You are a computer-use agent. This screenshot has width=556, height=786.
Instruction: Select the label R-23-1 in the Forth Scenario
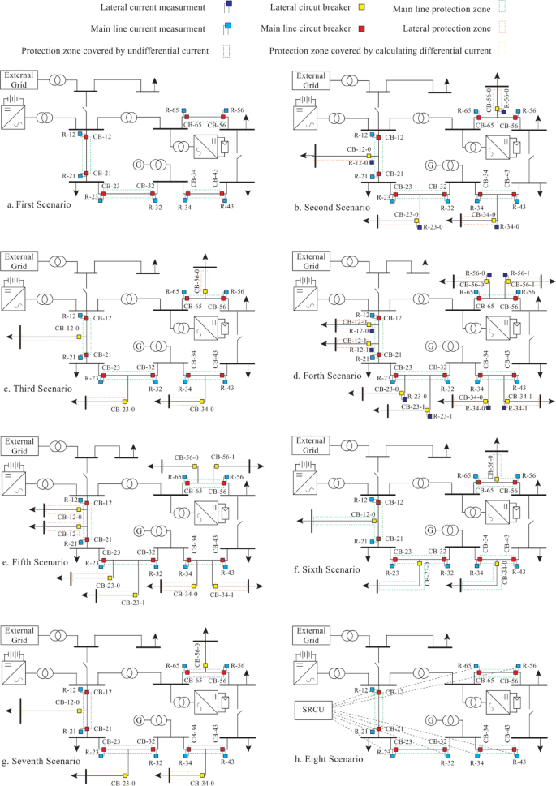click(x=440, y=416)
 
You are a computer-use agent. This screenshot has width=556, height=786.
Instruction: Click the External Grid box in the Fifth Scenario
click(x=19, y=445)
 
